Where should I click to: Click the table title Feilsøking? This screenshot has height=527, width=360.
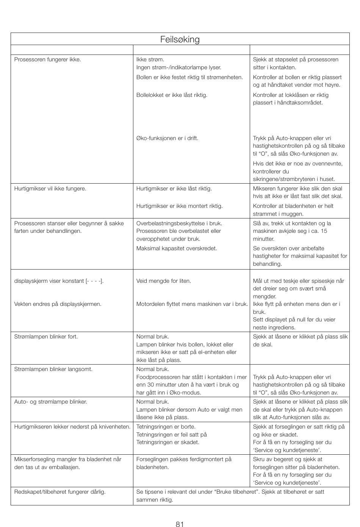[x=180, y=39]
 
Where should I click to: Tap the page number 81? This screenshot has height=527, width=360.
[x=180, y=524]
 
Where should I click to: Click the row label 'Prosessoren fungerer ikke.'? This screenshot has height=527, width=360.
[x=48, y=59]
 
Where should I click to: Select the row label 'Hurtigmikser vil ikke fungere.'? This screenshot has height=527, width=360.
[x=50, y=189]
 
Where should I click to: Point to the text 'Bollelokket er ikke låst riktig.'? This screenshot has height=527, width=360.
[x=172, y=95]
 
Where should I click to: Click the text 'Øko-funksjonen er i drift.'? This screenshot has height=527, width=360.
[x=167, y=138]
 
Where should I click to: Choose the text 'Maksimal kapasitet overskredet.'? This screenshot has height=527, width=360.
[x=177, y=248]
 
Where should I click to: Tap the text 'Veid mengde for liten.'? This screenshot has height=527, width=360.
[x=164, y=281]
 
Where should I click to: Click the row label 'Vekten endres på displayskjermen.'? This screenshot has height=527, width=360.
[x=58, y=304]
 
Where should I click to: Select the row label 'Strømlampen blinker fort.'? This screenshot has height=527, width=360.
[x=46, y=337]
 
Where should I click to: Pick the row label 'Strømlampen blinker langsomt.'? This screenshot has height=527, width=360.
[x=53, y=369]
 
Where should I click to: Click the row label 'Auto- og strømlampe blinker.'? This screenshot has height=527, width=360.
[x=51, y=402]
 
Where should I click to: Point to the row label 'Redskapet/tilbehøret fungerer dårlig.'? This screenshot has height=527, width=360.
[x=60, y=492]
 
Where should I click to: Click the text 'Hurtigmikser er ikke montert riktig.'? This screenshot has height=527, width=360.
[x=180, y=206]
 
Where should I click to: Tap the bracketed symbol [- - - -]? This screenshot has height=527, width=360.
[x=94, y=281]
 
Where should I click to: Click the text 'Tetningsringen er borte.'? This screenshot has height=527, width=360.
[x=166, y=427]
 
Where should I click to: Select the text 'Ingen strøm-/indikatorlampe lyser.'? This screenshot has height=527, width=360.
[x=179, y=67]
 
